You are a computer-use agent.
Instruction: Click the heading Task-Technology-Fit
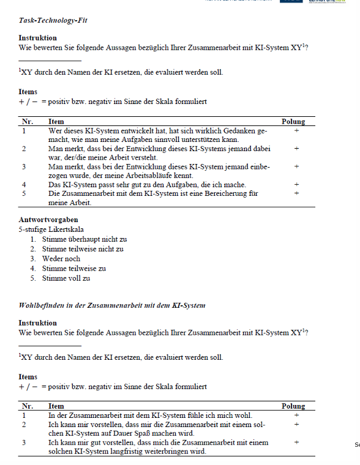(x=53, y=20)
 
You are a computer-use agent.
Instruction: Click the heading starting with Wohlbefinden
(x=112, y=305)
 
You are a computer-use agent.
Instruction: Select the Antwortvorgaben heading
(x=48, y=220)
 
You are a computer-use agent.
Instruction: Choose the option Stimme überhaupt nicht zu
(x=84, y=239)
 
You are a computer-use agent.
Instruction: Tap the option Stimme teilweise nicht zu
(x=83, y=249)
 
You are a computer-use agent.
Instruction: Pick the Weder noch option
(x=61, y=259)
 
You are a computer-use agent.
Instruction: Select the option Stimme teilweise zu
(x=74, y=269)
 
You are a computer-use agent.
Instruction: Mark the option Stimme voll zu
(x=66, y=278)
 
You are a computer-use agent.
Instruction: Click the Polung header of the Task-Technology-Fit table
(x=293, y=122)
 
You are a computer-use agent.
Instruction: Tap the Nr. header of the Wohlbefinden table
(x=28, y=406)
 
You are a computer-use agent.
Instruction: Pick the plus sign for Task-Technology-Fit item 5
(x=296, y=193)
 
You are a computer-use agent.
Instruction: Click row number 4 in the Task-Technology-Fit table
(x=24, y=184)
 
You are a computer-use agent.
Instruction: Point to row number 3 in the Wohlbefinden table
(x=24, y=442)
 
